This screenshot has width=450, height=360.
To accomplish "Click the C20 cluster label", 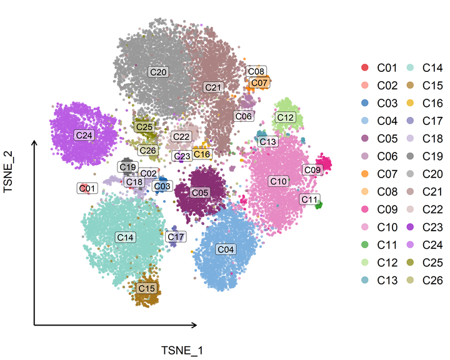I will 159,72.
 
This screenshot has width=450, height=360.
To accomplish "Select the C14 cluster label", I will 126,237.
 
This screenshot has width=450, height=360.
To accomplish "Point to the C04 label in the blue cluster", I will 226,249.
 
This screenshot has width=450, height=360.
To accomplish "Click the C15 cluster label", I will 146,289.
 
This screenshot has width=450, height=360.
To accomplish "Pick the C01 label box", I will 87,187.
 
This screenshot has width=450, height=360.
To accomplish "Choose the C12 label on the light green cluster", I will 286,117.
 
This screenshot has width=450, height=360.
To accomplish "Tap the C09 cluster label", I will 312,169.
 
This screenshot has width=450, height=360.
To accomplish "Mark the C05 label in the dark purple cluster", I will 200,193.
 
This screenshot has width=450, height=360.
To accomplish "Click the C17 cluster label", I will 176,237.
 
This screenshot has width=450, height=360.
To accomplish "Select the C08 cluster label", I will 256,71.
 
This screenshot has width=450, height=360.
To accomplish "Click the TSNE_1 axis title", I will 182,351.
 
